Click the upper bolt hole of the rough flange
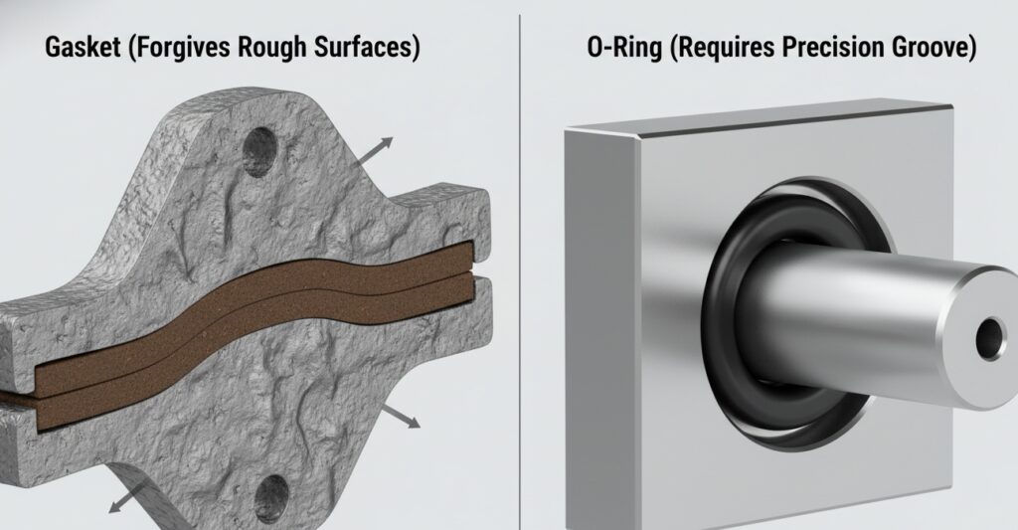pyautogui.click(x=261, y=151)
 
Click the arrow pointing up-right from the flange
pyautogui.click(x=377, y=152)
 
